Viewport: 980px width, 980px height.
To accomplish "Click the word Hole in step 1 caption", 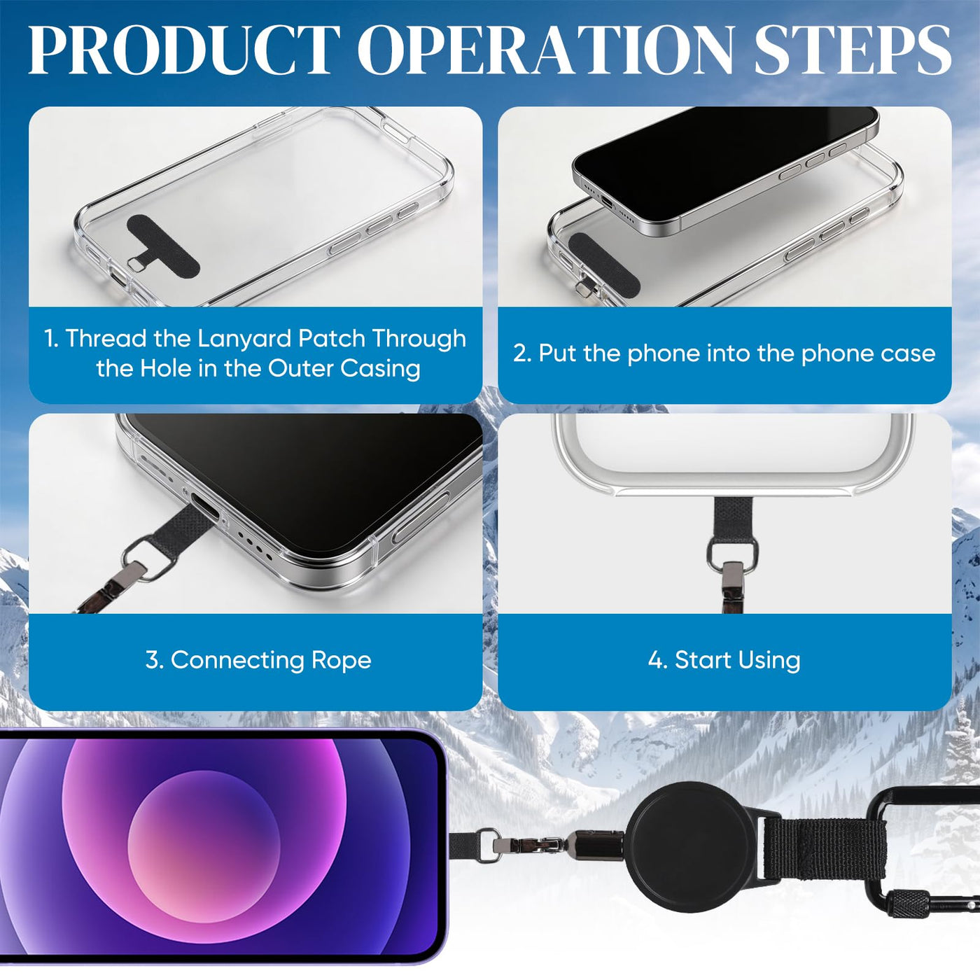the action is click(165, 369).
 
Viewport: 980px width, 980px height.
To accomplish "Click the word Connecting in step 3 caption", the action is click(237, 661).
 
